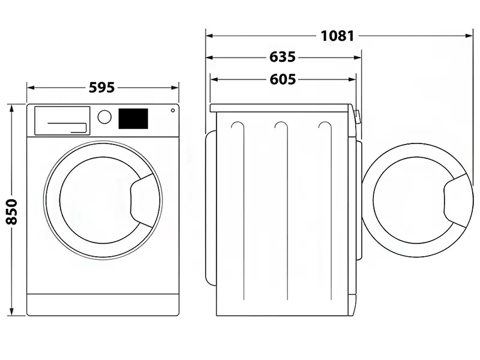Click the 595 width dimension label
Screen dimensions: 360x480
[x=101, y=88]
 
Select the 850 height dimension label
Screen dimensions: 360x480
[x=13, y=211]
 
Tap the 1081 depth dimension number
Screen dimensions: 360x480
[x=337, y=35]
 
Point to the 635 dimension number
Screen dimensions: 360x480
[x=283, y=58]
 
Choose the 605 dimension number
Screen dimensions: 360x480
[x=283, y=79]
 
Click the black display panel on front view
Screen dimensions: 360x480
[x=133, y=118]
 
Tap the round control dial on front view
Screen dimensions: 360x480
[x=104, y=116]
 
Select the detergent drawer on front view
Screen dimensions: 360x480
[x=62, y=120]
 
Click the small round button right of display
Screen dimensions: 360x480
[x=173, y=110]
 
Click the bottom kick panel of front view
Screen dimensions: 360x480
[x=103, y=304]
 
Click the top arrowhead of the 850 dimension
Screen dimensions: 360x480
[x=13, y=107]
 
